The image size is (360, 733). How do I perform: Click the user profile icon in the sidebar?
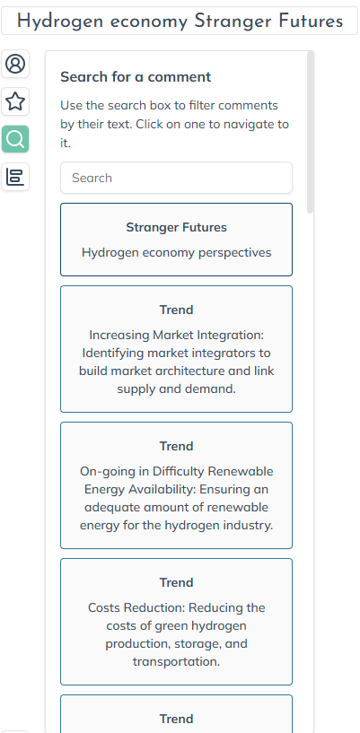click(x=15, y=64)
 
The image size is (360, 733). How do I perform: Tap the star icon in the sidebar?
click(x=15, y=101)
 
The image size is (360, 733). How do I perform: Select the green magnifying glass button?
click(x=15, y=139)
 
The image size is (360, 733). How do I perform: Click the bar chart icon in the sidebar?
click(x=15, y=177)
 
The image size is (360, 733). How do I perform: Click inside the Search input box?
click(x=176, y=178)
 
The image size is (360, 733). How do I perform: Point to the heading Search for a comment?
click(x=136, y=76)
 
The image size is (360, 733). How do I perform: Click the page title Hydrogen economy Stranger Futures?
click(x=180, y=21)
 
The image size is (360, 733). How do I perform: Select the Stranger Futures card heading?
click(x=176, y=227)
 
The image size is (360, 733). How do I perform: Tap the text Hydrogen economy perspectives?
click(x=176, y=252)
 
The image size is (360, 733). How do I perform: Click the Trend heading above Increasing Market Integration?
click(x=176, y=310)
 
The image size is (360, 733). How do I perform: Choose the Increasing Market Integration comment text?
click(x=176, y=362)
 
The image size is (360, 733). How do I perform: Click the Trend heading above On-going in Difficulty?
click(x=176, y=447)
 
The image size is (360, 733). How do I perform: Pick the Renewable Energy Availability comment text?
click(x=176, y=498)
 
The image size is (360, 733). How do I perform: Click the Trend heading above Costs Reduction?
click(x=176, y=582)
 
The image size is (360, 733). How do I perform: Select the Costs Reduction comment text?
click(x=176, y=635)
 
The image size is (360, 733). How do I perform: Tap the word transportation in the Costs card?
click(x=176, y=661)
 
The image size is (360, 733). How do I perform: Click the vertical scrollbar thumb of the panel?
click(x=310, y=132)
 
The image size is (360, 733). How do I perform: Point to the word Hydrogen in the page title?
click(x=60, y=22)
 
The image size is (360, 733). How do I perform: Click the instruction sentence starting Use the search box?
click(x=174, y=124)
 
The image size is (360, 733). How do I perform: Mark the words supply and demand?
click(x=176, y=388)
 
